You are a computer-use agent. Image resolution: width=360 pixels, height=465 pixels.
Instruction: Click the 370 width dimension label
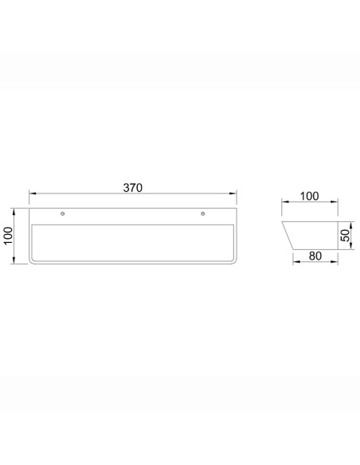pos(132,188)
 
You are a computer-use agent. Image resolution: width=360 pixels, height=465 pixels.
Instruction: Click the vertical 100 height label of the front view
pos(8,236)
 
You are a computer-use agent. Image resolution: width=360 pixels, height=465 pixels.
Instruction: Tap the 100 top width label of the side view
pos(309,197)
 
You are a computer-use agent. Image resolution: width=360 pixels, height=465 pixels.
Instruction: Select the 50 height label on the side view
pos(345,236)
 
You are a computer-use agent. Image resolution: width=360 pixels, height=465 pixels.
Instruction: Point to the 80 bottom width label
pos(315,256)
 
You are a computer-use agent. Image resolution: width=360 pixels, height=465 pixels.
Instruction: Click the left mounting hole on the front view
pos(63,213)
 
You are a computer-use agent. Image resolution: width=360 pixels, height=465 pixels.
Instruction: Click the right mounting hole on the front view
pos(203,213)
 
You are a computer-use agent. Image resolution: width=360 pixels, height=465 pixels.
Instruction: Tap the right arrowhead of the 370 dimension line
pos(233,193)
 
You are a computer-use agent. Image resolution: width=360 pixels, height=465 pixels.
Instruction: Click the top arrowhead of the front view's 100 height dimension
pos(14,212)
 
